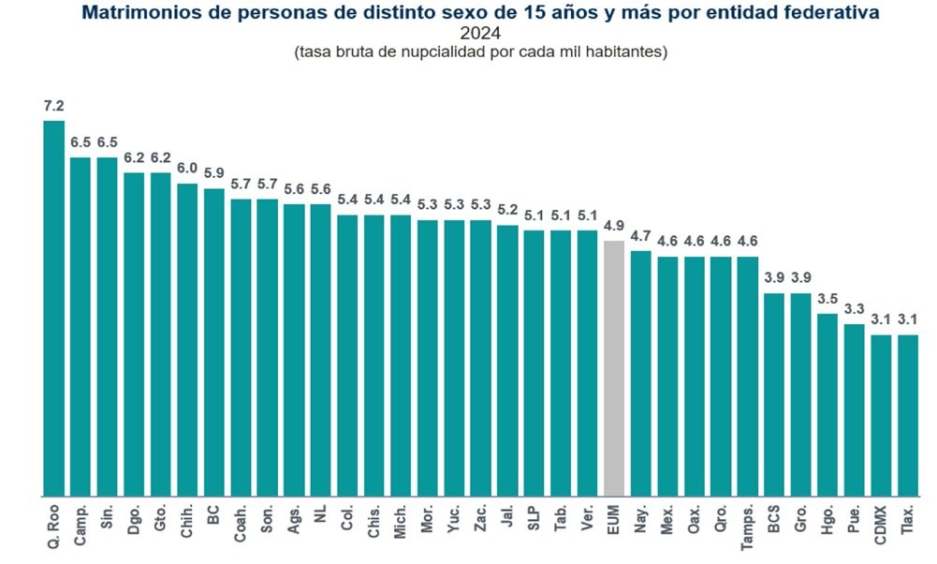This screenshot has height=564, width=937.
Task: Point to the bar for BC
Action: pos(213,342)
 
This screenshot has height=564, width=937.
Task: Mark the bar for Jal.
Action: pos(507,360)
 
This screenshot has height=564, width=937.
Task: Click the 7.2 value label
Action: pos(53,105)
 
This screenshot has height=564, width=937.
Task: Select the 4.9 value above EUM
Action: pos(614,226)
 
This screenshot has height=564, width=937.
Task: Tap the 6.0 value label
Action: pos(187,168)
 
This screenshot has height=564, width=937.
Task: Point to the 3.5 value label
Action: pos(827,298)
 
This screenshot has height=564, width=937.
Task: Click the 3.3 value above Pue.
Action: pos(854,308)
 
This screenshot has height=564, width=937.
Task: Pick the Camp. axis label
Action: pos(81,527)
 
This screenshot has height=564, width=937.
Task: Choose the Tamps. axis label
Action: pos(747,531)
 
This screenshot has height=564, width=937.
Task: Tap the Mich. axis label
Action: pos(401,525)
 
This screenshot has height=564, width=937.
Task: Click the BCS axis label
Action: pos(774,521)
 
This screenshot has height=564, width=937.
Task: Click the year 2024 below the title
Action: pos(480,34)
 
